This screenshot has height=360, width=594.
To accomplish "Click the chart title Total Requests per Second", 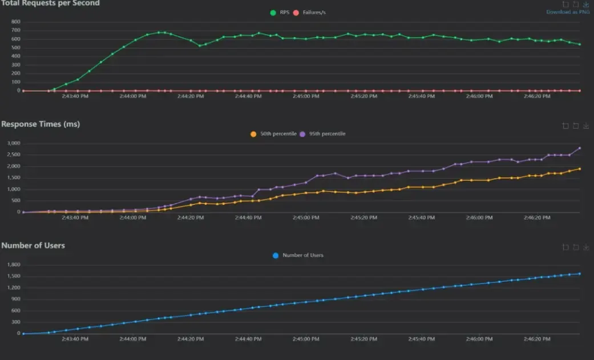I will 50,3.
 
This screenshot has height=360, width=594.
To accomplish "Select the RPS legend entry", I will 279,12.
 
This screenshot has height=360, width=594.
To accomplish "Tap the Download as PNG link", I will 568,12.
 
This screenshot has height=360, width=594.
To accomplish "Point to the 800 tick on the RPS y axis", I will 15,22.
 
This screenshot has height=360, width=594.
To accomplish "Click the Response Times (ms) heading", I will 41,124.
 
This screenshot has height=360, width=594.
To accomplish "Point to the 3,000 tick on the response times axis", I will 12,143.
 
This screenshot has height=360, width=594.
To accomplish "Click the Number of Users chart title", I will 33,245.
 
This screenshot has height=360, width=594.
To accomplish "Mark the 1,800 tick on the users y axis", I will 12,265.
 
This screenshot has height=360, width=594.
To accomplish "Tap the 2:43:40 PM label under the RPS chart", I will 74,96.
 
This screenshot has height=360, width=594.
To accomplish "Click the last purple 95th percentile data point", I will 580,148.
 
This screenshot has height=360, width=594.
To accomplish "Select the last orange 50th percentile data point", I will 580,169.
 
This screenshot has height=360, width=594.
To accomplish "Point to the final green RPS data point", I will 580,45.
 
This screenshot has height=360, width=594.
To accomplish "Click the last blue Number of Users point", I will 580,274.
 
